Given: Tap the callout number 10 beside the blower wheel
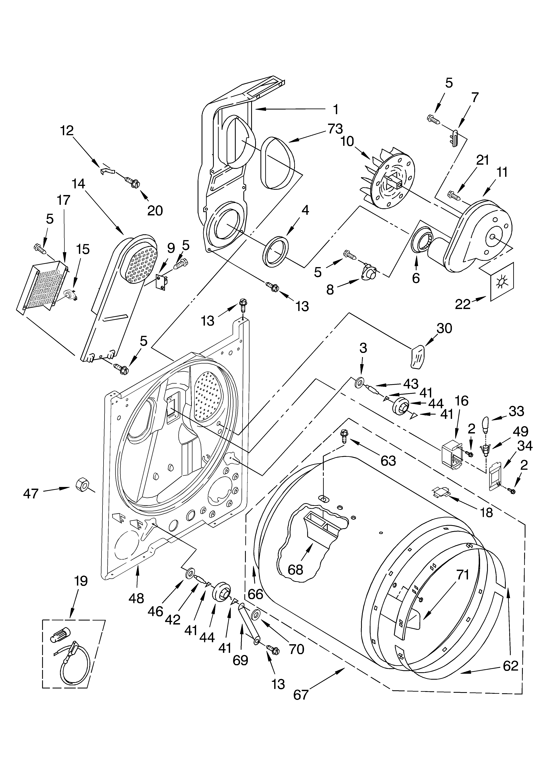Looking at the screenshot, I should click(347, 141).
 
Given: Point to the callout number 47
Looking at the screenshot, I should click(31, 494).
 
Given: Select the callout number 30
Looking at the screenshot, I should click(444, 328).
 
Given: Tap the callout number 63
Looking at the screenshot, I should click(388, 460).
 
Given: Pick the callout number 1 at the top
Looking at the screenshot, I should click(335, 109).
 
